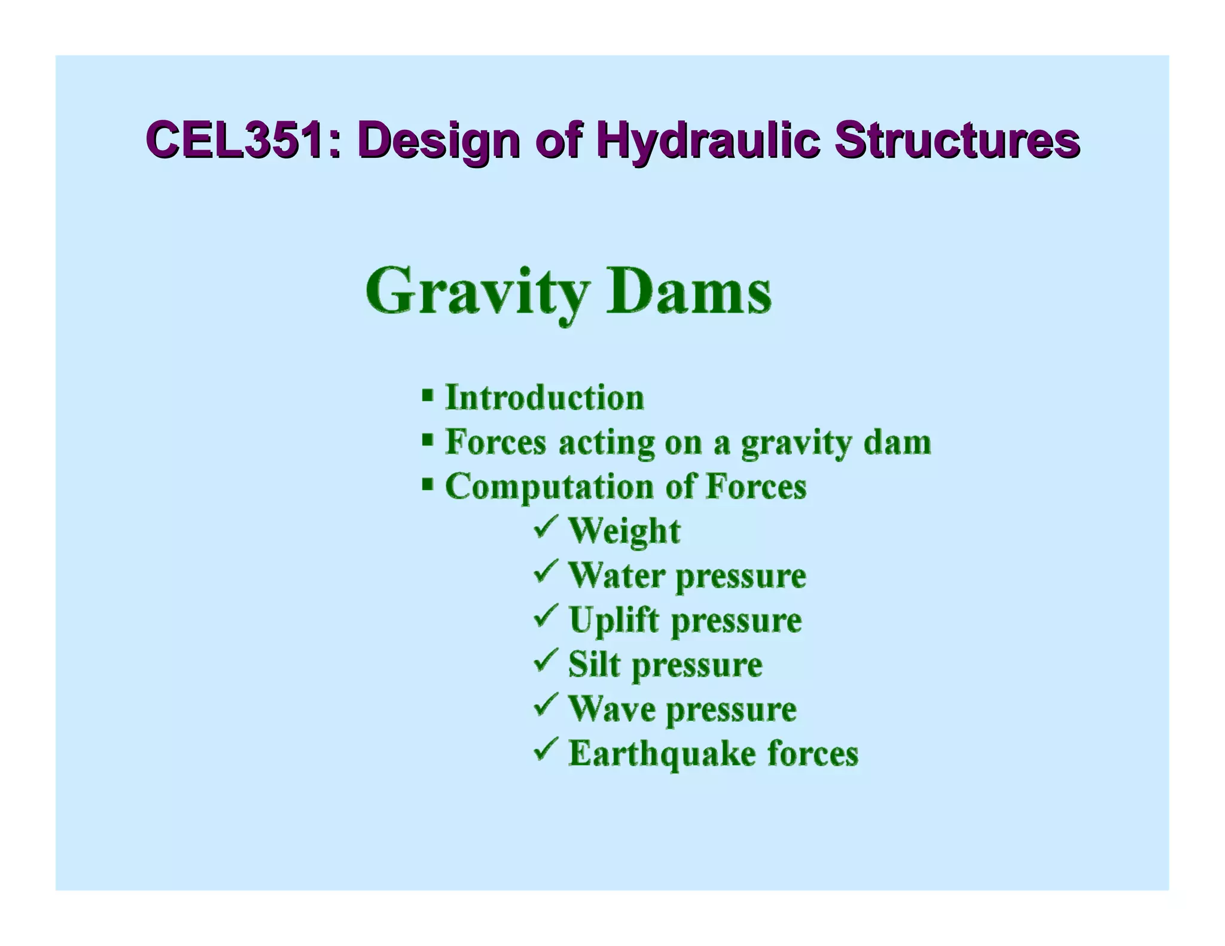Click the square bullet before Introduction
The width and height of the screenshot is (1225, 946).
tap(427, 396)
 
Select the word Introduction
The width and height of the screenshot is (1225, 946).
tap(544, 398)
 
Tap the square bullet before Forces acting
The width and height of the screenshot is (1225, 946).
tap(427, 440)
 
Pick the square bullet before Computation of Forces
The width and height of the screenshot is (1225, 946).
tap(427, 484)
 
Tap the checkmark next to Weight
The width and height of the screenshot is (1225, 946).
tap(545, 526)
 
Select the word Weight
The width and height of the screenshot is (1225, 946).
tap(624, 531)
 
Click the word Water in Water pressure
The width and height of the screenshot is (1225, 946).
tap(616, 575)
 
